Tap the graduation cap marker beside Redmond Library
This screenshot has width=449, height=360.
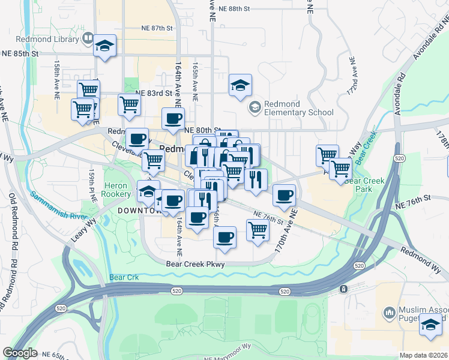pyautogui.click(x=104, y=46)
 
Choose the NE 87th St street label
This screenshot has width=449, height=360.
pyautogui.click(x=157, y=28)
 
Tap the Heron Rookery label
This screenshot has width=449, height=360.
pyautogui.click(x=116, y=190)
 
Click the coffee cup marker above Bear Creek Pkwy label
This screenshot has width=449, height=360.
pyautogui.click(x=225, y=237)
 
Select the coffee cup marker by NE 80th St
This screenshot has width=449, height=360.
pyautogui.click(x=173, y=118)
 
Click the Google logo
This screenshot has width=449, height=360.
pyautogui.click(x=20, y=353)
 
